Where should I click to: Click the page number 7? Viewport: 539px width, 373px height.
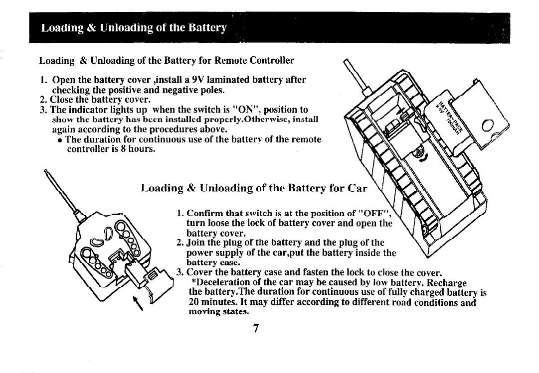tap(255, 328)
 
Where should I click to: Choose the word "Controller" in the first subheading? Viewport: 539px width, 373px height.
tap(269, 61)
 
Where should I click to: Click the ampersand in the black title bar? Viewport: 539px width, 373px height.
tap(79, 27)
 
